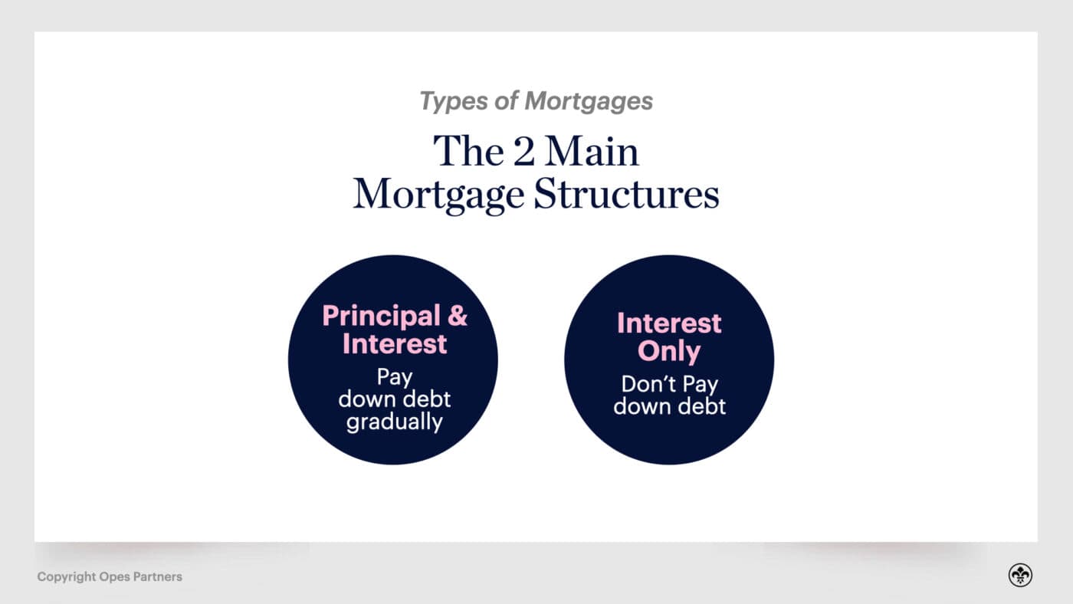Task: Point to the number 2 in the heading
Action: click(525, 152)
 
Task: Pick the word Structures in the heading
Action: click(626, 195)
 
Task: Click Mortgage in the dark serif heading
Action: click(440, 195)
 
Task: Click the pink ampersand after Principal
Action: click(458, 316)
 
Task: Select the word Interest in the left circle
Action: click(395, 343)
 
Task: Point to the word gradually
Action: click(395, 422)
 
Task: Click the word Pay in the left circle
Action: click(395, 377)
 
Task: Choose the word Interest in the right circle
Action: click(669, 323)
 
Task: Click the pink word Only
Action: click(669, 352)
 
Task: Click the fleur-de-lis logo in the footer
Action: click(1020, 575)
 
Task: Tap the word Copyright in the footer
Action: click(66, 576)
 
